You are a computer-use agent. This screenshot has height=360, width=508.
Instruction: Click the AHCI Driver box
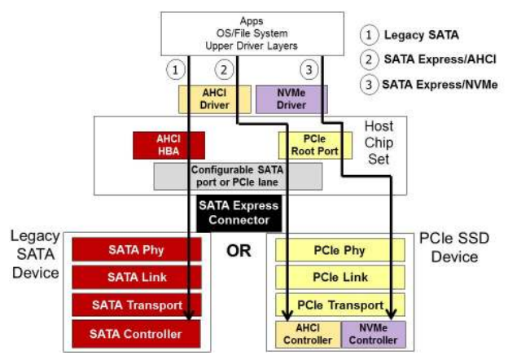pos(205,99)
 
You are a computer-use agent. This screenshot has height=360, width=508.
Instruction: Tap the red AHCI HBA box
pos(167,144)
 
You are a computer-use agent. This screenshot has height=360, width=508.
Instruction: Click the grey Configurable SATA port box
pos(238,175)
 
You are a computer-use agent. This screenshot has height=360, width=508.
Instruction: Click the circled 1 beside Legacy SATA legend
pos(368,36)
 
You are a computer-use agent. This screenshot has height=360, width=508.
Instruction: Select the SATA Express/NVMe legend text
pos(440,84)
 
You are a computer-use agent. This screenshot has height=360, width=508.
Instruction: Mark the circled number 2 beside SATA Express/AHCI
pos(368,59)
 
